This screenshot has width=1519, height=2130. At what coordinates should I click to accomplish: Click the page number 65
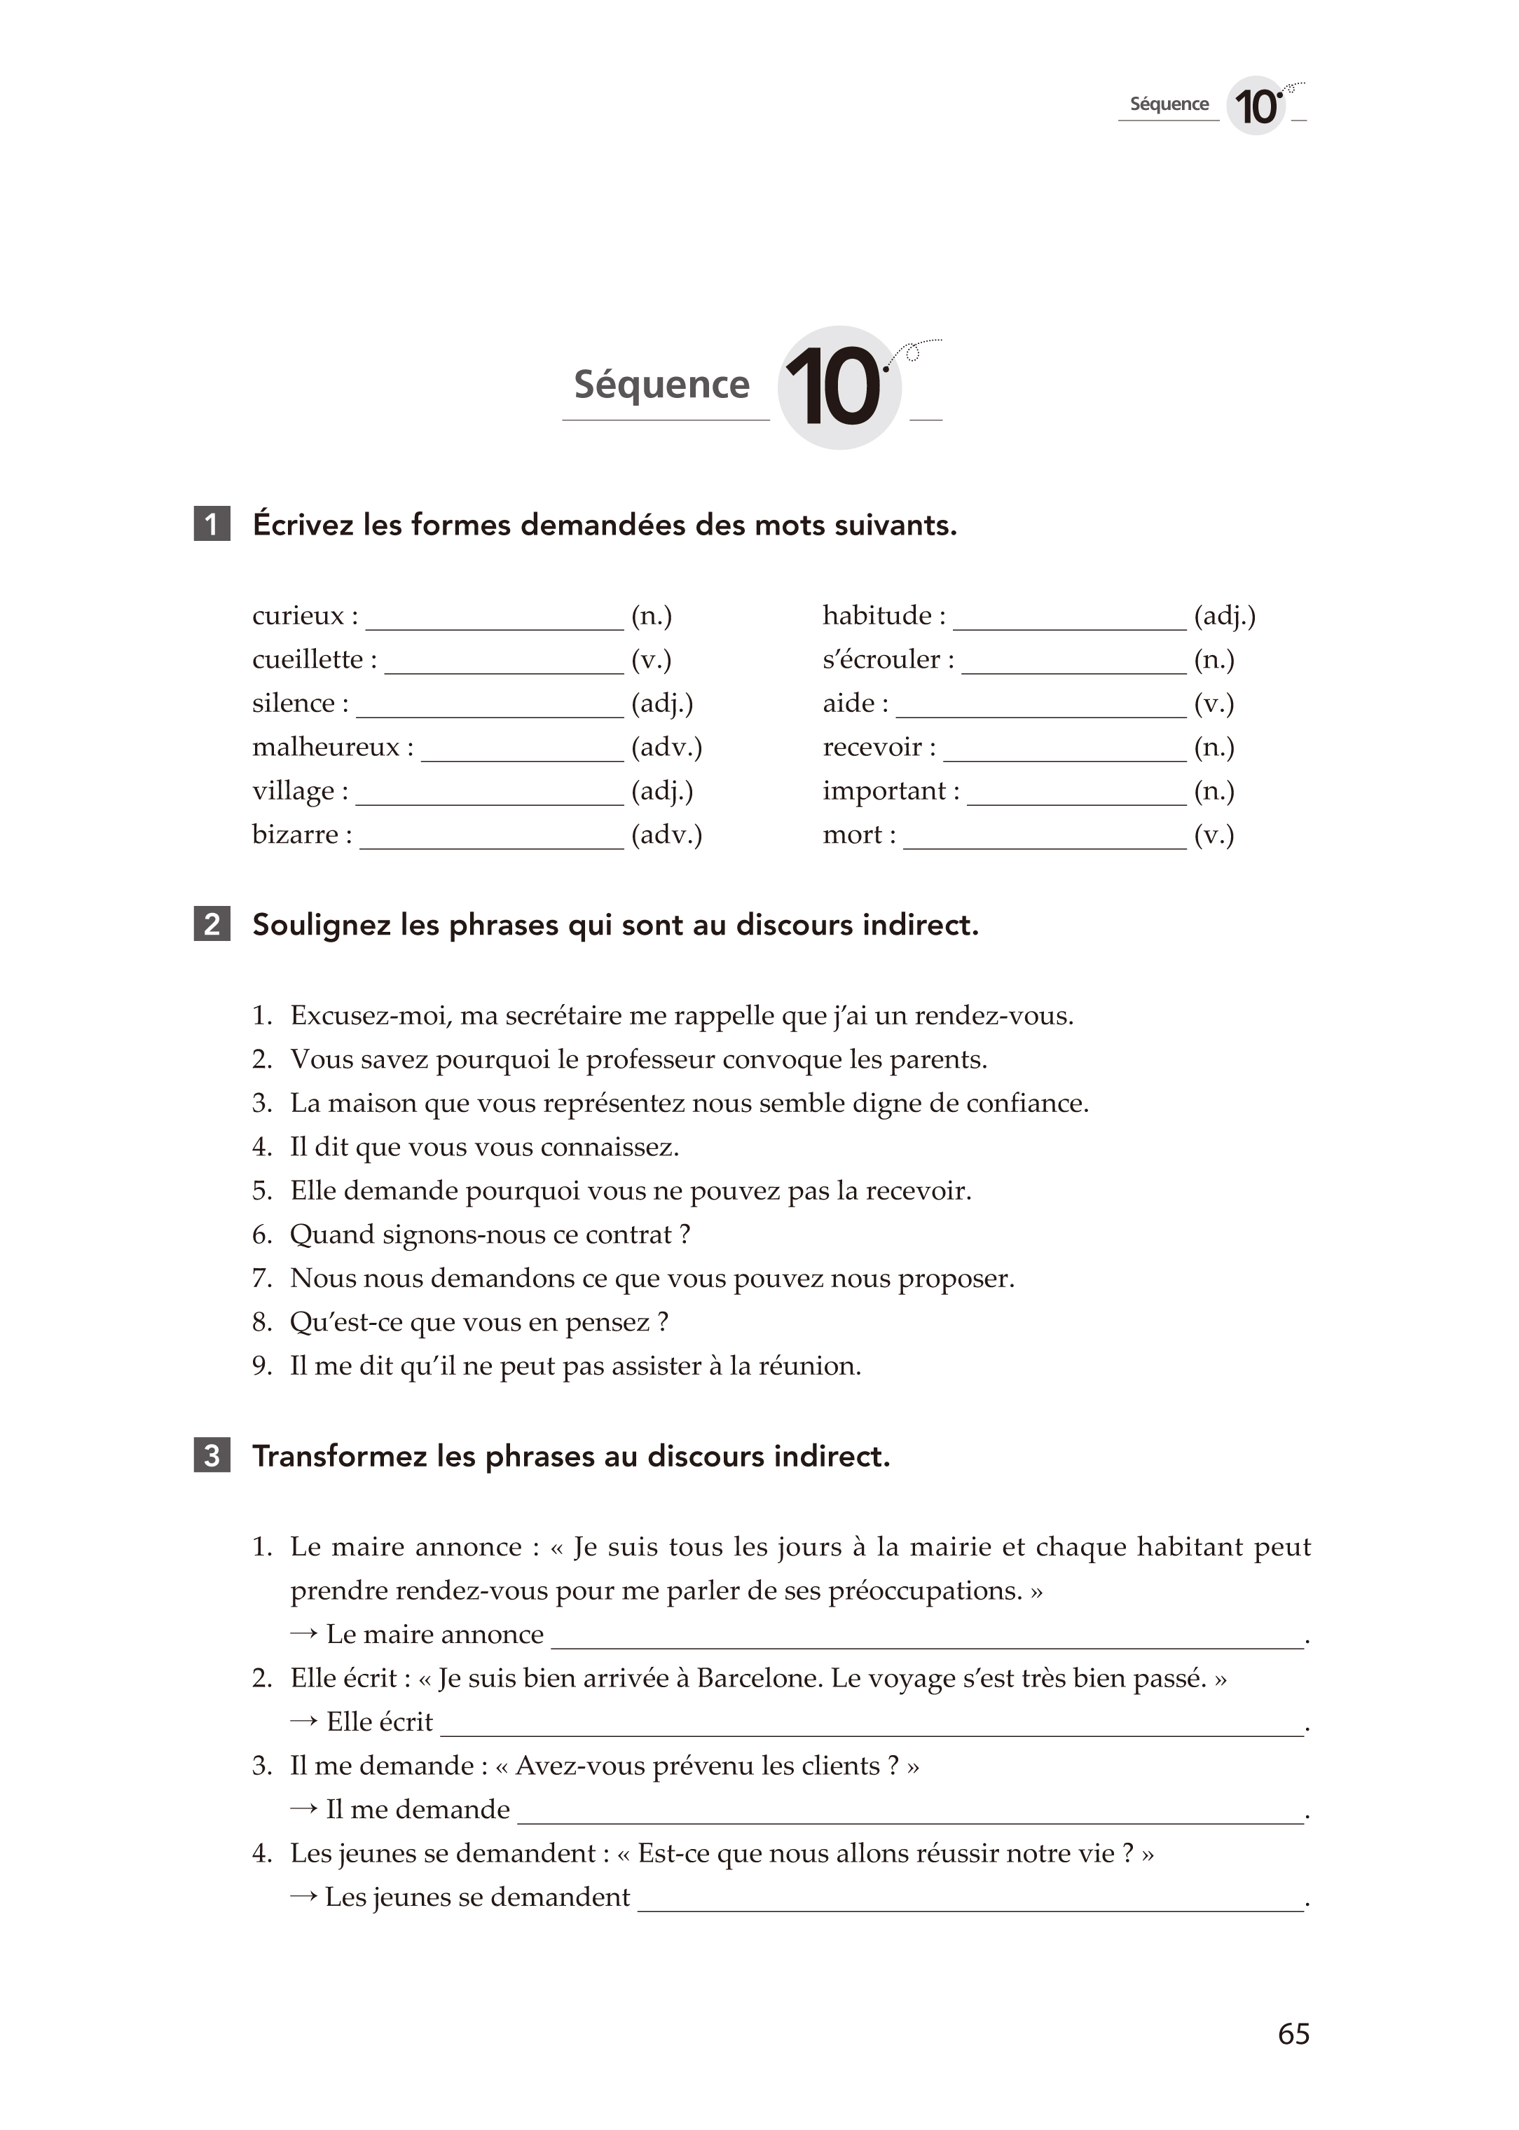click(1293, 2033)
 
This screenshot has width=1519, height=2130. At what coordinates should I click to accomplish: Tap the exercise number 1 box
click(212, 524)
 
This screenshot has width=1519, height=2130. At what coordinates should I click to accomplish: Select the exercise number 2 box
click(212, 924)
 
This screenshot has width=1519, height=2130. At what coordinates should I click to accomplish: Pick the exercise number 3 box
click(212, 1455)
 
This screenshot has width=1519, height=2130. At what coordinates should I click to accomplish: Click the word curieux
click(298, 615)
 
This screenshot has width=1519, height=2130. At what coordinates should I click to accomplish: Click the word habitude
click(877, 615)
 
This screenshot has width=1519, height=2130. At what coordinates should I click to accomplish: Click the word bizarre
click(295, 834)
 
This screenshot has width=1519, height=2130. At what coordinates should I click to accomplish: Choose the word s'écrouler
click(881, 659)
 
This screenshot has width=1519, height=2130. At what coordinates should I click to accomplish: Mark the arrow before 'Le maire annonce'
click(303, 1634)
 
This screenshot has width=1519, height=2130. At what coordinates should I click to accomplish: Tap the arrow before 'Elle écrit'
click(303, 1722)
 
